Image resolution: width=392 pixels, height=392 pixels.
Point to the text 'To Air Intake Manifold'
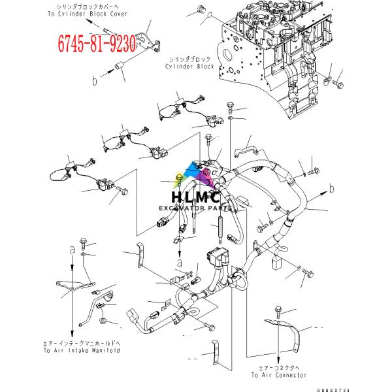click(x=86, y=351)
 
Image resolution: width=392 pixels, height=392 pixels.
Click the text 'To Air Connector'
click(x=279, y=375)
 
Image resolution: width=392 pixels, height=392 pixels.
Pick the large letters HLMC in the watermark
click(x=195, y=197)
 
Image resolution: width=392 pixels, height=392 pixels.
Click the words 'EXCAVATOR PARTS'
click(x=195, y=209)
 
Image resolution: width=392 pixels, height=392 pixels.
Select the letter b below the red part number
click(x=94, y=81)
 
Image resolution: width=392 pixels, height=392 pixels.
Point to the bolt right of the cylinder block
click(x=337, y=84)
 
